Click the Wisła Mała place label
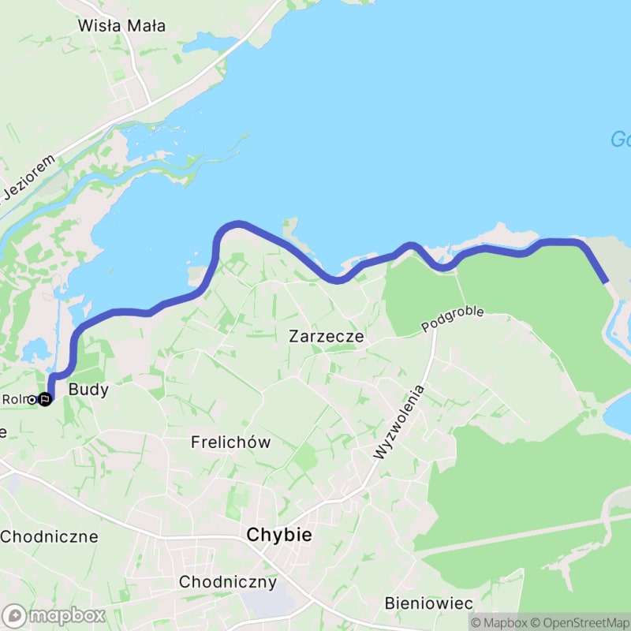[121, 25]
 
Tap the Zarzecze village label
[327, 336]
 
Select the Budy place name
[88, 389]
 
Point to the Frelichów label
[230, 442]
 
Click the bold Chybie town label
[279, 535]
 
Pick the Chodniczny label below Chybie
[228, 583]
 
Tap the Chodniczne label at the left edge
[49, 537]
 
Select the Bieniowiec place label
[429, 603]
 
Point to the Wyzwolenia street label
[400, 423]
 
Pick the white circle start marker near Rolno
[32, 400]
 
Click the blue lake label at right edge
[621, 140]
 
